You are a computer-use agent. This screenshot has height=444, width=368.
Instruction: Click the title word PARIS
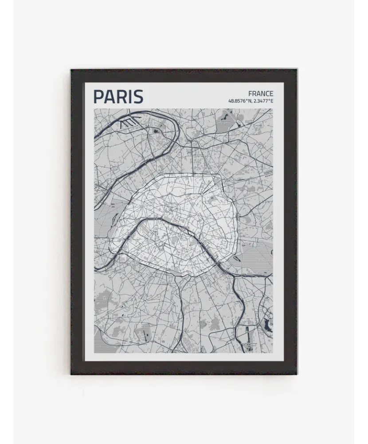pyautogui.click(x=118, y=97)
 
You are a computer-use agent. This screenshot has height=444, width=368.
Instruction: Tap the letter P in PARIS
pyautogui.click(x=98, y=97)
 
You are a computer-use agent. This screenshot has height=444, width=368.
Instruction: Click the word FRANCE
pyautogui.click(x=261, y=94)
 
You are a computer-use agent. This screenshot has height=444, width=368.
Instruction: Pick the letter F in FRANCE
pyautogui.click(x=251, y=94)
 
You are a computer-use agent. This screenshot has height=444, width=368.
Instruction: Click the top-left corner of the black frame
pyautogui.click(x=71, y=70)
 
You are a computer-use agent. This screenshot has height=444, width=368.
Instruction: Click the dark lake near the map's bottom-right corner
pyautogui.click(x=266, y=325)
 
